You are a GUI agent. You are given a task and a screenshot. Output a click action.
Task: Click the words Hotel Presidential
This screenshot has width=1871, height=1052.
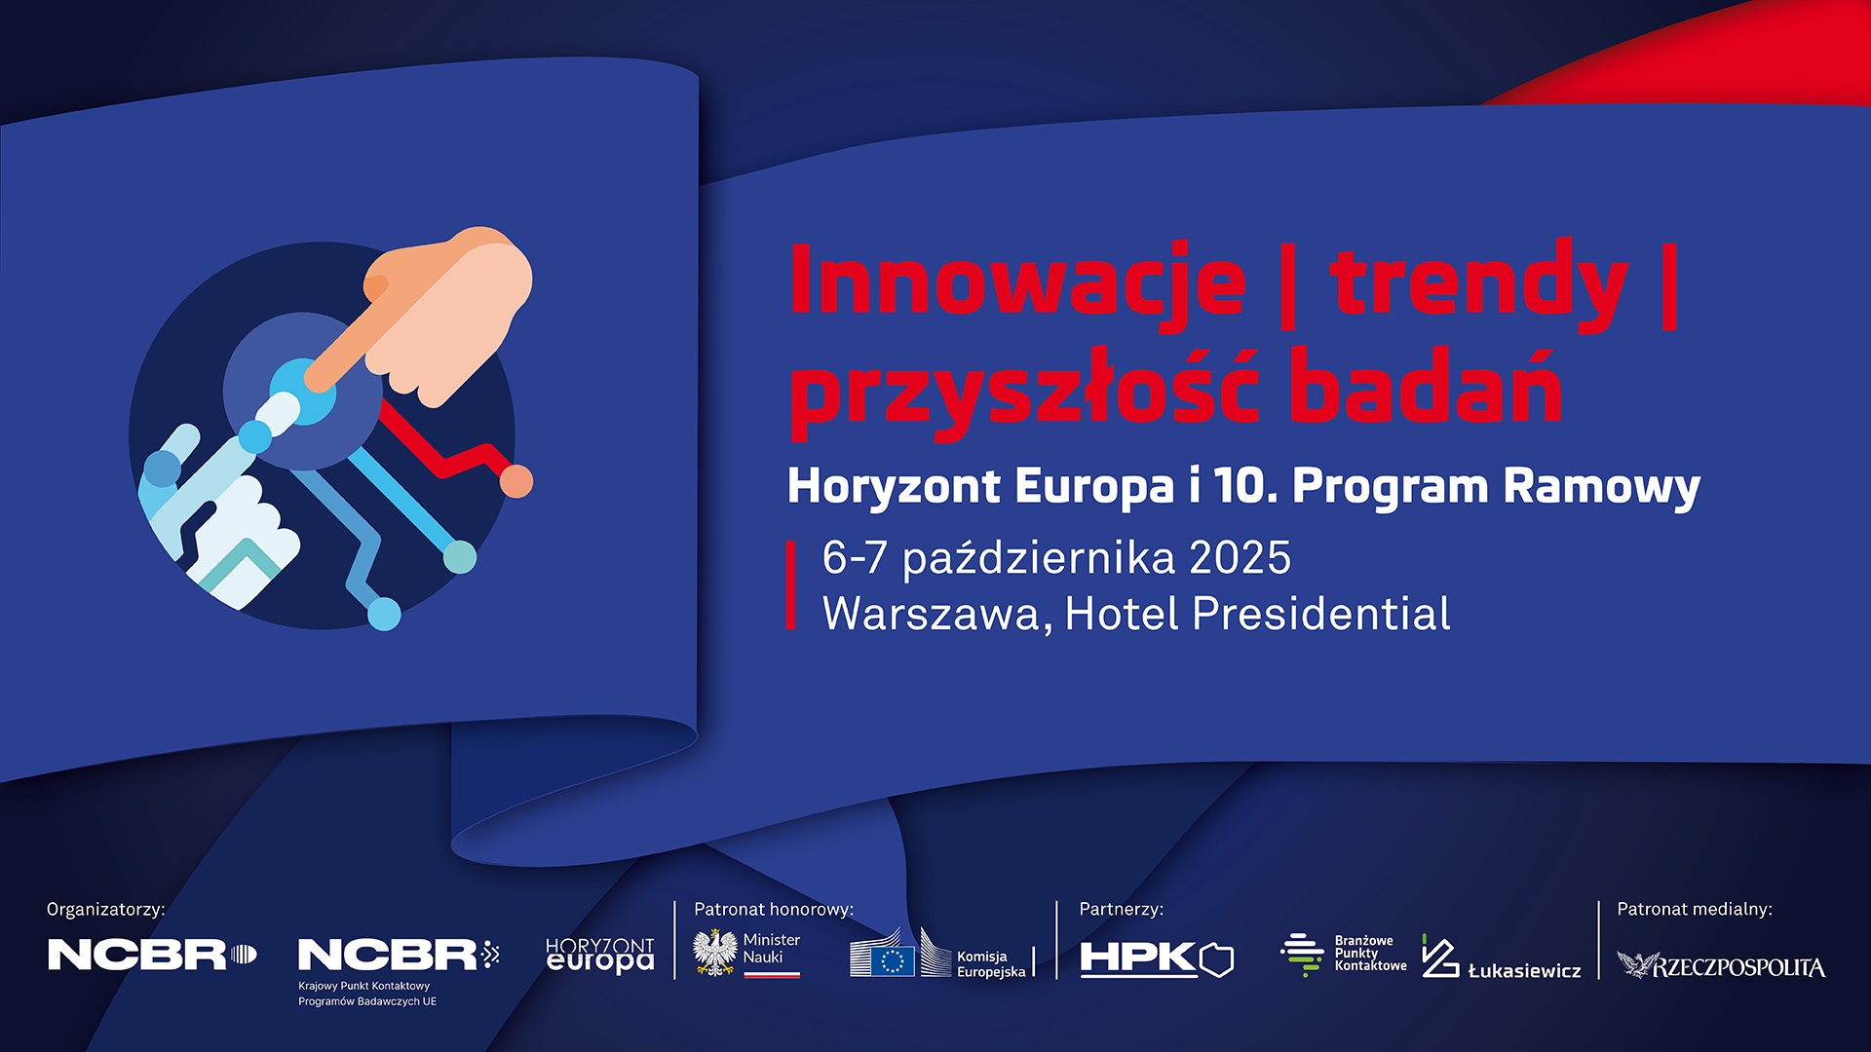coord(1257,614)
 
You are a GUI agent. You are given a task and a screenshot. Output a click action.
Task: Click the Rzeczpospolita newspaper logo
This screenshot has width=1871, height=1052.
coord(1721,965)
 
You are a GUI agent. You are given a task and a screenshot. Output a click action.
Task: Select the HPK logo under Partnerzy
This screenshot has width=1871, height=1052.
coord(1157,959)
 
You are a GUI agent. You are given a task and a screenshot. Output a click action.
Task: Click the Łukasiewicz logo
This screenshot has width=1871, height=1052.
coord(1501,958)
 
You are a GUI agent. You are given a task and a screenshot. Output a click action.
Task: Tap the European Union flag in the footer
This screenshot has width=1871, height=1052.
coord(893,961)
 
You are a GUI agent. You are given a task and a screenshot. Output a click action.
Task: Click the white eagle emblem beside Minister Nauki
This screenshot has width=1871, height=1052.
coord(715,953)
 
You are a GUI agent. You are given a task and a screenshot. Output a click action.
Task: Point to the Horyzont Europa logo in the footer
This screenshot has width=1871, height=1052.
coord(599,956)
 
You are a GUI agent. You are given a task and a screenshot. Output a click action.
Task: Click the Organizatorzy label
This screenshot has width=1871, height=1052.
coord(105,910)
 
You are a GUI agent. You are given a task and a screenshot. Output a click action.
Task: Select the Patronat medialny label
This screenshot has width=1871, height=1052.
coord(1695,910)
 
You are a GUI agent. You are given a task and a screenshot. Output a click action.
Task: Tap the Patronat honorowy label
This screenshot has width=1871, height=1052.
coord(774,910)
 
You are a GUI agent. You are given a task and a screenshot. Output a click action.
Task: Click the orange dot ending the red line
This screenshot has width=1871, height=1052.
coord(516,481)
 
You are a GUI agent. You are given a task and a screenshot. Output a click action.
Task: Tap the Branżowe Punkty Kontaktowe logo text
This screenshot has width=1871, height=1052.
coord(1370,954)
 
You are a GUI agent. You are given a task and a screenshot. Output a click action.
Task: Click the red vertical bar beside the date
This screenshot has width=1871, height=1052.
coord(791,585)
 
